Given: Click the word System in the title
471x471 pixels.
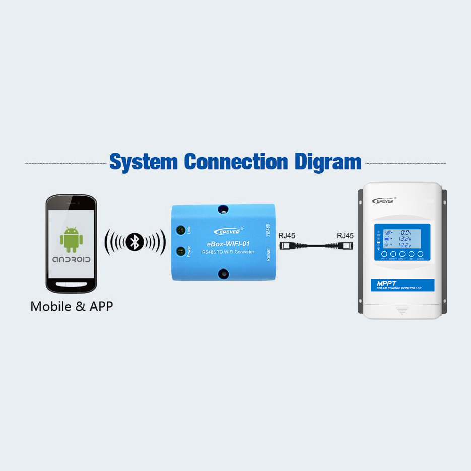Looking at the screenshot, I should [144, 162].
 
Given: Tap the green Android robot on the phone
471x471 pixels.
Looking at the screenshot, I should [71, 240].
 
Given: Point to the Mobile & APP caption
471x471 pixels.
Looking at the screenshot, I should [72, 306].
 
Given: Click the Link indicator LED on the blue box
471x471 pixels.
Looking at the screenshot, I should [180, 230].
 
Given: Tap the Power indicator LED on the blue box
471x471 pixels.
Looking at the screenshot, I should [180, 251].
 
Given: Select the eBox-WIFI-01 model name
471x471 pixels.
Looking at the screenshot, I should [228, 244].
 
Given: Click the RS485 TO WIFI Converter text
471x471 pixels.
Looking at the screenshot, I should [228, 252].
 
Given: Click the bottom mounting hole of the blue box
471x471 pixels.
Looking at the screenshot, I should [222, 274].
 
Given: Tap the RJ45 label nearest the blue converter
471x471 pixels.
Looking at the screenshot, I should [287, 235].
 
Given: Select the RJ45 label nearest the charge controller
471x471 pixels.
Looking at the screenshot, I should [345, 235].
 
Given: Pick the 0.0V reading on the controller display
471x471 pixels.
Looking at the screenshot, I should [406, 233].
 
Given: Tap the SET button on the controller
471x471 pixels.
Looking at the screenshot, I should [412, 254].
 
